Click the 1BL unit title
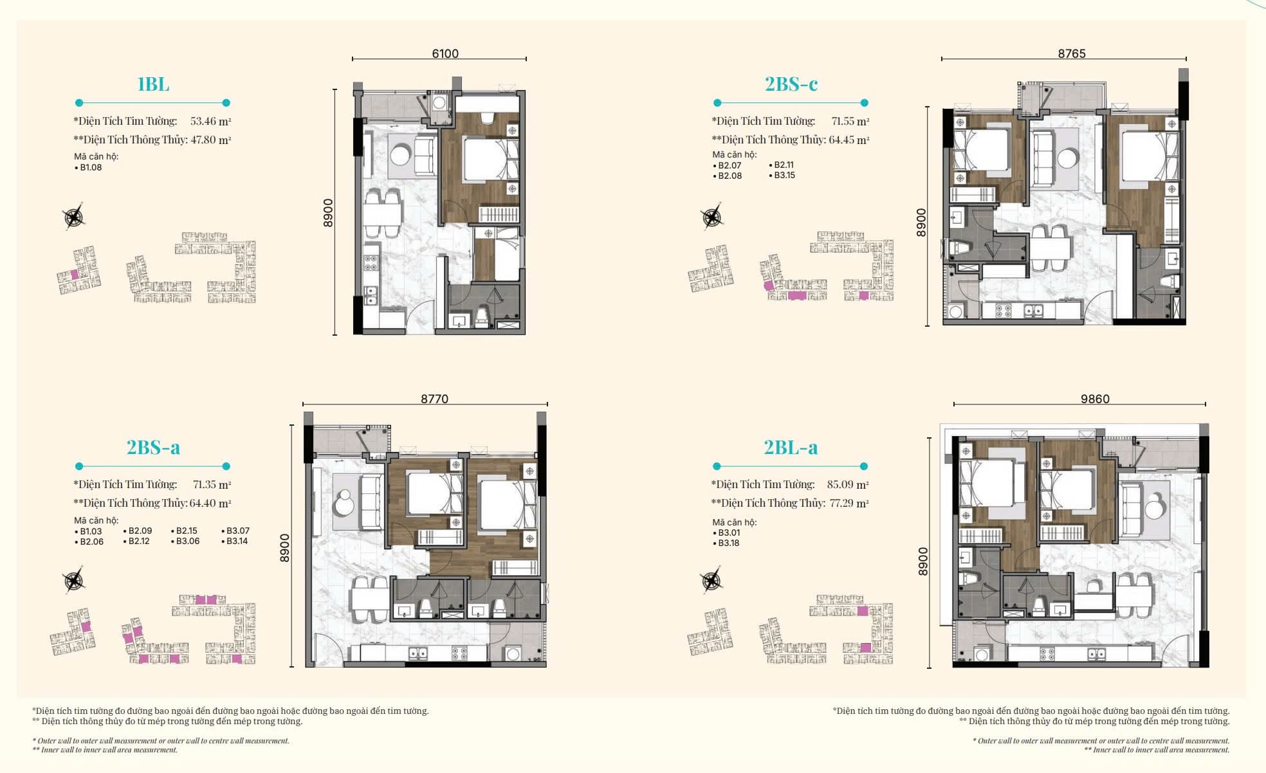153,84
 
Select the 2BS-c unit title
791,84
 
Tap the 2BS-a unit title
153,448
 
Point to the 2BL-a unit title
791,448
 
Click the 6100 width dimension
445,53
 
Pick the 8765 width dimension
1072,53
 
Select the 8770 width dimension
435,399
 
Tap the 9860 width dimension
1095,399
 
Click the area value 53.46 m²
211,121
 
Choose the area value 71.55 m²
850,121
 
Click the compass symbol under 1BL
75,217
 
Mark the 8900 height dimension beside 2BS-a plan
284,548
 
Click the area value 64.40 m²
210,503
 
